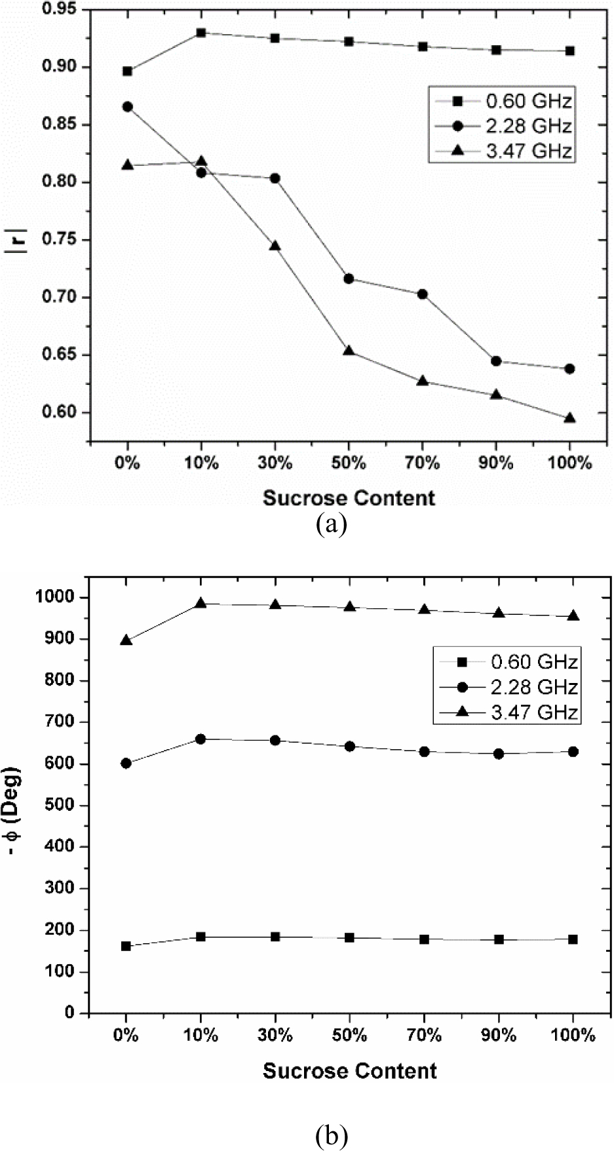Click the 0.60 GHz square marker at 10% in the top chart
pos(201,33)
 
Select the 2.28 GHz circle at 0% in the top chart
pos(127,107)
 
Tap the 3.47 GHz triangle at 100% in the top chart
pos(569,418)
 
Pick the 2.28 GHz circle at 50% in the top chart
pos(349,279)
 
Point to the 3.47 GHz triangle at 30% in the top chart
pos(275,246)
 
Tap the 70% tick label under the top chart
pos(423,463)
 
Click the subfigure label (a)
pos(331,526)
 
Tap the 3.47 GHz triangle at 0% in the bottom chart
pos(126,640)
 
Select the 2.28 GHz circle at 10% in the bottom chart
pos(201,739)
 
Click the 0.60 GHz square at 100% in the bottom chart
pos(573,939)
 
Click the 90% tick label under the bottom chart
pos(499,1036)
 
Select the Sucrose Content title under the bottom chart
pos(349,1071)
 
